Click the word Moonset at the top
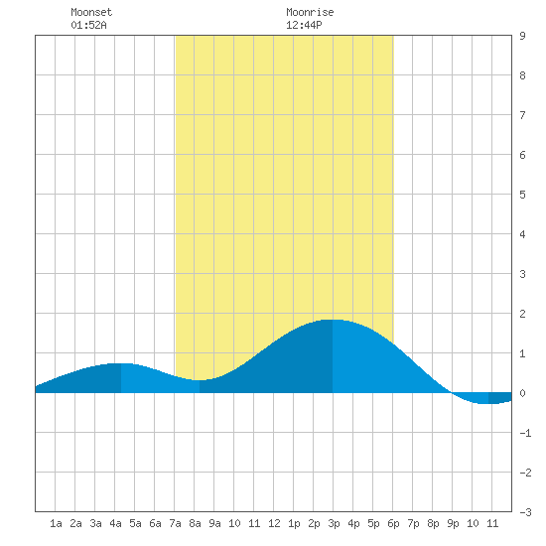coord(91,12)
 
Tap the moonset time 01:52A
coord(88,25)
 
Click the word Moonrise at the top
coord(310,12)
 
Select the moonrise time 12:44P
coord(304,25)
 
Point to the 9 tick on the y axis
coord(522,36)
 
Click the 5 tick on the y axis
coord(522,195)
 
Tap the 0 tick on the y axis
coord(522,393)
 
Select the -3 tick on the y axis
coord(525,512)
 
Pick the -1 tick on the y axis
coord(525,433)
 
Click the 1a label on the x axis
coord(56,523)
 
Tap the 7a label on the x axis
coord(175,523)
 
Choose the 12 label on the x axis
coord(274,523)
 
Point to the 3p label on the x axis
coord(334,523)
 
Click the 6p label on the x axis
coord(393,523)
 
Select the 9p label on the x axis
coord(453,523)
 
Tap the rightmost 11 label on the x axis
coord(492,523)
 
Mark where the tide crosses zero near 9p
coord(452,392)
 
